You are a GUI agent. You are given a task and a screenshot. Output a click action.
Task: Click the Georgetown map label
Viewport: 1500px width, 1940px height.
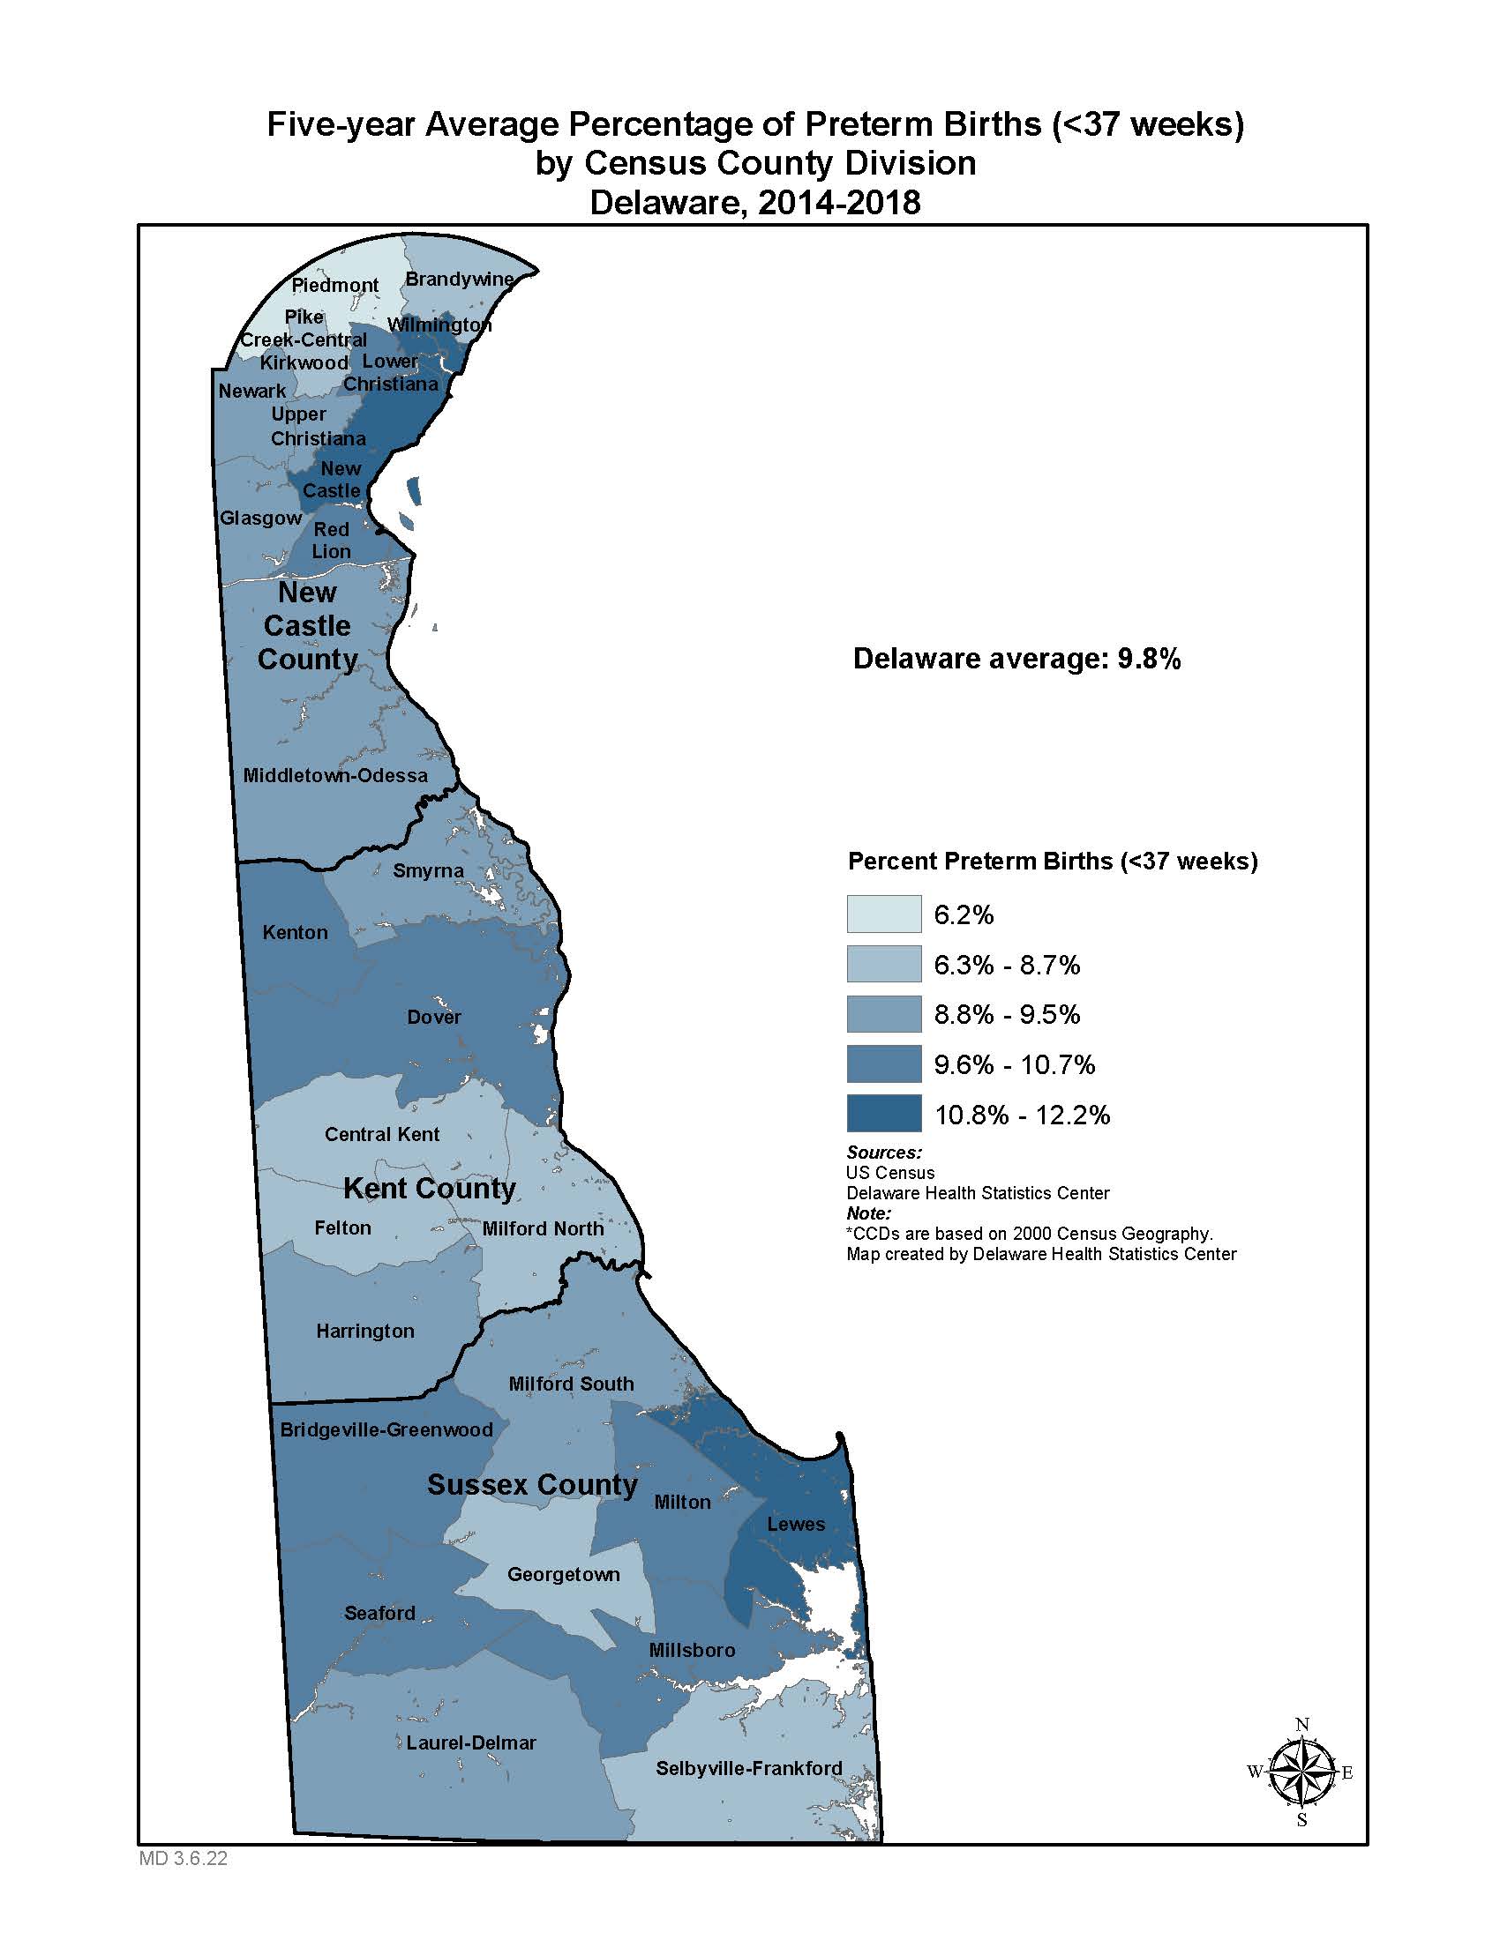click(564, 1573)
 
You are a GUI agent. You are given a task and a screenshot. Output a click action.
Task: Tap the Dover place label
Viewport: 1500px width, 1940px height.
click(433, 1016)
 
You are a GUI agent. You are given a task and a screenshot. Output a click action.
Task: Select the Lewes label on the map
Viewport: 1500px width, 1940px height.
click(795, 1524)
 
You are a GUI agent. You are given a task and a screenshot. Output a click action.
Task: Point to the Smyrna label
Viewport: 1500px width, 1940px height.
click(428, 869)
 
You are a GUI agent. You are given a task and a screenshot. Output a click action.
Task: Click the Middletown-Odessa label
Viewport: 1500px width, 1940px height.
click(335, 774)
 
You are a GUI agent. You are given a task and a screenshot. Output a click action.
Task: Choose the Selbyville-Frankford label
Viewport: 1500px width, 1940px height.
click(748, 1767)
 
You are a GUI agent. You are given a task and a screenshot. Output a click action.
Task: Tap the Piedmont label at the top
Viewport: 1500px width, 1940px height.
click(335, 284)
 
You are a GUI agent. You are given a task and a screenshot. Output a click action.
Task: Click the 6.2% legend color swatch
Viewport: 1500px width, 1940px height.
click(883, 914)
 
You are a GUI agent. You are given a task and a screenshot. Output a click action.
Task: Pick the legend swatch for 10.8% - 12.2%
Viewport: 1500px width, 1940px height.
click(883, 1114)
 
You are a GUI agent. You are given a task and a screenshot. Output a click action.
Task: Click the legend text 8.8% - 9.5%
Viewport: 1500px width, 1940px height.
click(1006, 1013)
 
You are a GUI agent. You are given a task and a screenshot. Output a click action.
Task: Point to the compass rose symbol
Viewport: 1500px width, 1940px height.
click(1301, 1772)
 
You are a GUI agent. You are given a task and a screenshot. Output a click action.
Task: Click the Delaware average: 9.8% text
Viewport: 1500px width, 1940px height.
click(1016, 658)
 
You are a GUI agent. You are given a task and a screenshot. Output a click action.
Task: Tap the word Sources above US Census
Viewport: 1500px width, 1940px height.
click(883, 1153)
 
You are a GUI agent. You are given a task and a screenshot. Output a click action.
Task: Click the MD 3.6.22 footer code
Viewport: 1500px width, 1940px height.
click(183, 1858)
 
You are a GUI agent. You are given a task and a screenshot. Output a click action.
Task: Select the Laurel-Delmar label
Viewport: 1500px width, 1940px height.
click(471, 1742)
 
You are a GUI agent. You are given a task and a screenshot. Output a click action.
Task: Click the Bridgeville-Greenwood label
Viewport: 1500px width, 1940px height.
click(386, 1429)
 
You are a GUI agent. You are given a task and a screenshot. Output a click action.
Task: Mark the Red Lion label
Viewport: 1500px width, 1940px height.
click(331, 540)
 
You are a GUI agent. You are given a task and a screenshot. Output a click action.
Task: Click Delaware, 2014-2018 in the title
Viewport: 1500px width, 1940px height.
click(754, 203)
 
